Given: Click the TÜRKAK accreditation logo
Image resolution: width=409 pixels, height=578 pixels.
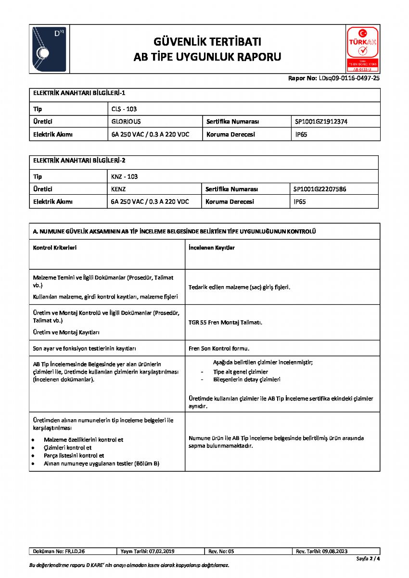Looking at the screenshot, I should [362, 49].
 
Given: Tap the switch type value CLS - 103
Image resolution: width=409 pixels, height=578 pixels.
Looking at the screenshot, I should [124, 109].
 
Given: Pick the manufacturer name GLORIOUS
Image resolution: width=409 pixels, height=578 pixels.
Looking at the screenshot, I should [126, 122].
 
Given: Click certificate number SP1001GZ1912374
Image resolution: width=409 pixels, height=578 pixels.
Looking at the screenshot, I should [321, 122].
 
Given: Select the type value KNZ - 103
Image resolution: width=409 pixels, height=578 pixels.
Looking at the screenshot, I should [125, 176].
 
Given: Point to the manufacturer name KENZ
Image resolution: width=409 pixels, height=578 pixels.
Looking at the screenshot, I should [118, 189].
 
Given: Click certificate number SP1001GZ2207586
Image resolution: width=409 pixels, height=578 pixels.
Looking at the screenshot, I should [320, 189].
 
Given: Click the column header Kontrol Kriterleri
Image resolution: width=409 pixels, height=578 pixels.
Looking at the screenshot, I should [55, 248].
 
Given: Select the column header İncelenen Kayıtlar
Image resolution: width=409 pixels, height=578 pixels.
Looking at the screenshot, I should [212, 248].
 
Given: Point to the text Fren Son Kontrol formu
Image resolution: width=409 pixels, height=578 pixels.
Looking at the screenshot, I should [219, 348].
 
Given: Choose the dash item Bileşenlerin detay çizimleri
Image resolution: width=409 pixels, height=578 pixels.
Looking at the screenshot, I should [247, 379].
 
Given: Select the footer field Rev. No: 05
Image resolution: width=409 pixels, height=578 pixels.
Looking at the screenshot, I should [221, 551].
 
